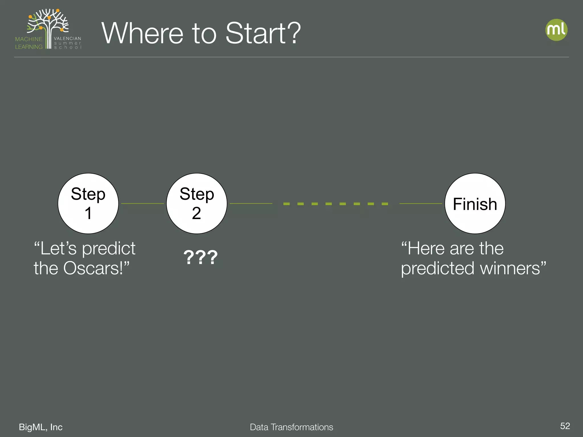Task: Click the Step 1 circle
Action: click(88, 203)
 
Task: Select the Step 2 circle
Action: click(197, 203)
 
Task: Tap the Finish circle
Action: click(475, 203)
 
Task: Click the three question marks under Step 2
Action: click(200, 257)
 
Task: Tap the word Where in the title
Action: click(142, 33)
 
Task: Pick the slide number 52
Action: click(565, 426)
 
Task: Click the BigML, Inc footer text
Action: click(41, 427)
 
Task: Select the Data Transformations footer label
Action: click(291, 427)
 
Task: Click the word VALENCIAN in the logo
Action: click(67, 38)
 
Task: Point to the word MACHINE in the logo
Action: click(29, 39)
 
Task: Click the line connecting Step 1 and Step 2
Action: click(142, 203)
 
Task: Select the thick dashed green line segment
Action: click(336, 204)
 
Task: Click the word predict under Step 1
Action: click(109, 248)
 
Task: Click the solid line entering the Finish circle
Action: click(421, 203)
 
